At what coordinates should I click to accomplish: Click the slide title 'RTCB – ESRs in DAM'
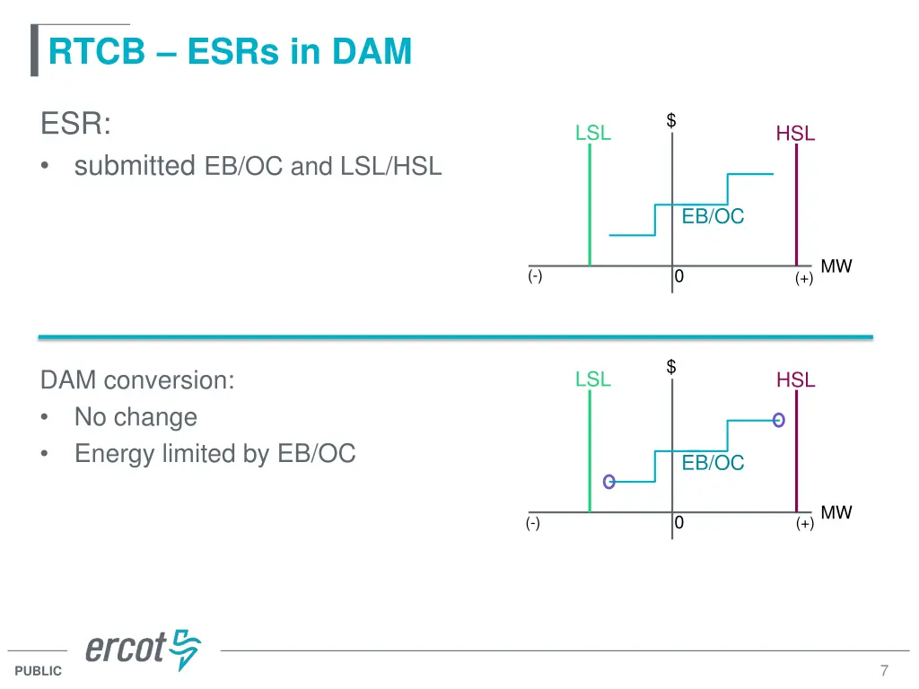click(230, 51)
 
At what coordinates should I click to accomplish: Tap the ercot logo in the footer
click(143, 649)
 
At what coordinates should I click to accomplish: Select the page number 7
click(884, 670)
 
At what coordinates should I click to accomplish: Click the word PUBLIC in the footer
click(39, 671)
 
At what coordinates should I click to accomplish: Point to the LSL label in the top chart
click(593, 134)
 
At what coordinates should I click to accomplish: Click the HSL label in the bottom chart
click(795, 380)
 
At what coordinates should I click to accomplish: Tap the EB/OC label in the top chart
click(713, 216)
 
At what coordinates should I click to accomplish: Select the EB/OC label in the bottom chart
click(713, 463)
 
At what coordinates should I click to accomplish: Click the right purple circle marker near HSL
click(778, 419)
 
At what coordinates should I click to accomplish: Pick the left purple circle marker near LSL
click(609, 482)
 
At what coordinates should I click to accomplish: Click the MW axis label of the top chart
click(836, 266)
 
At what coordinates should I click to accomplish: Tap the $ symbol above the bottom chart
click(671, 367)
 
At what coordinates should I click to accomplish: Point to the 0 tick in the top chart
click(679, 277)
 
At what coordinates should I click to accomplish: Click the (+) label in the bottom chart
click(804, 524)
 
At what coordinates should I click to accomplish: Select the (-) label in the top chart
click(535, 276)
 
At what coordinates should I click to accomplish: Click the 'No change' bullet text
click(136, 417)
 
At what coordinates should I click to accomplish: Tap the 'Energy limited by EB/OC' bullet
click(214, 454)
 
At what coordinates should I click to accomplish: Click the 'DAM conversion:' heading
click(137, 380)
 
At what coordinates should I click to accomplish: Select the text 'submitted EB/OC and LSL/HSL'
click(258, 166)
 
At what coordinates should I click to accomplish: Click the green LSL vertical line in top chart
click(590, 206)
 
